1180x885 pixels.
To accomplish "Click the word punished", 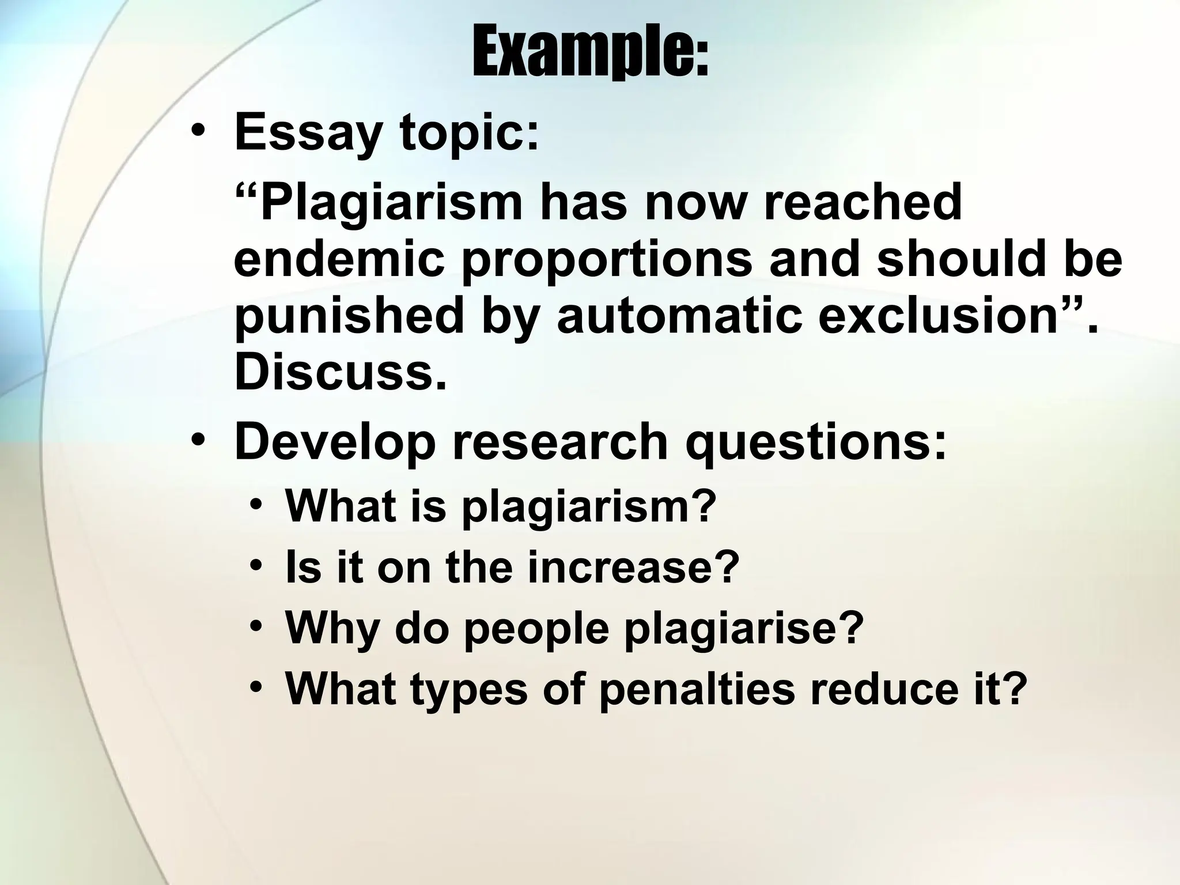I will pyautogui.click(x=349, y=318).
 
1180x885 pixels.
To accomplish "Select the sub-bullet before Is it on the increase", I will pyautogui.click(x=257, y=568).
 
